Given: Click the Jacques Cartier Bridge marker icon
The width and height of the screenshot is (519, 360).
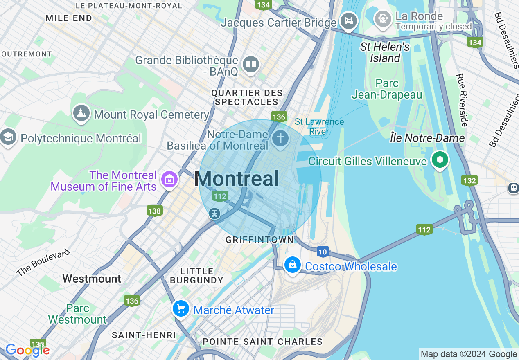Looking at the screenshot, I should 348,21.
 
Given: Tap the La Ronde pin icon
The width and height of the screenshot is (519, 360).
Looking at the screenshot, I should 383,19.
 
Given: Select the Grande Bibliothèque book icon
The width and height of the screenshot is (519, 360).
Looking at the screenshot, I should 250,64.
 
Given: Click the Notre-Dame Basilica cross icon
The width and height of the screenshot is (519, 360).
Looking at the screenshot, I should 280,139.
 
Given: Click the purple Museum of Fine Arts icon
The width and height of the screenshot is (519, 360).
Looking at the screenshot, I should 169,180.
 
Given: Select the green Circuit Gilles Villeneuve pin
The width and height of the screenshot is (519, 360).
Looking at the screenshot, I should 440,160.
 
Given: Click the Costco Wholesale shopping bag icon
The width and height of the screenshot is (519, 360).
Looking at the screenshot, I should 293,265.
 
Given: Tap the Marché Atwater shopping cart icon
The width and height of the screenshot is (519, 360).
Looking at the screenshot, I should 181,308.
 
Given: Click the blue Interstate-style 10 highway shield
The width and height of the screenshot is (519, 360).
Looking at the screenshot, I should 323,252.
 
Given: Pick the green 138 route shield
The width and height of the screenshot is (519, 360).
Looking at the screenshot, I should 155,211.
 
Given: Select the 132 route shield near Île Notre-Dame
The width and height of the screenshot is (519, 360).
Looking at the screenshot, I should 469,180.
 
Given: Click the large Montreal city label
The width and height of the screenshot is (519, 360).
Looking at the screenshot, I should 237,179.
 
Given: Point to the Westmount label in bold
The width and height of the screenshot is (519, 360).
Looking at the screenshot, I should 92,279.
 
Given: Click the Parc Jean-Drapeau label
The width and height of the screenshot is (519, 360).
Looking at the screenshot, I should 387,89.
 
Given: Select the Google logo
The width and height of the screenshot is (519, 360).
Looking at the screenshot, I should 27,350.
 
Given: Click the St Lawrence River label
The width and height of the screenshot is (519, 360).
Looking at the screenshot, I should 319,126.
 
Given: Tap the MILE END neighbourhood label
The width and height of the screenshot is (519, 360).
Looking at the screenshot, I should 69,18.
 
